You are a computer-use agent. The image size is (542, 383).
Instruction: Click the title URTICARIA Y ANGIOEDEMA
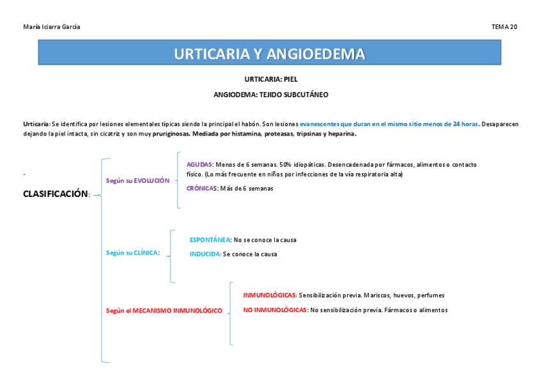coord(269,54)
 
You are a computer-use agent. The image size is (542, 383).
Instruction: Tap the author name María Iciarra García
coord(52,27)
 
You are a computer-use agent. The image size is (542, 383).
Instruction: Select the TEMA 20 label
coord(504,27)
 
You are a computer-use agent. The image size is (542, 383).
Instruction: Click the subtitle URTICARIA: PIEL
coord(271,80)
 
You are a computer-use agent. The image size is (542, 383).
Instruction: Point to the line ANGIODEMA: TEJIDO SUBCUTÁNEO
coord(271,95)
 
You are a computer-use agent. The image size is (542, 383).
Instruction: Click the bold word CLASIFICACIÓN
coord(55,194)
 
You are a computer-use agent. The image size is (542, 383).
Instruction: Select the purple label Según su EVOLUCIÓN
coord(137,181)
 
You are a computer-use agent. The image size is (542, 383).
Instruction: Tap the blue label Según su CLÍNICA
coord(132,253)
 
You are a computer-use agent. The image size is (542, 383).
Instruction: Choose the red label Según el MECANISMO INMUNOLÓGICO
coord(164,311)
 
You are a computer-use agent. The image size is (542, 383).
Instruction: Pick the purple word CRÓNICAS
coord(202,189)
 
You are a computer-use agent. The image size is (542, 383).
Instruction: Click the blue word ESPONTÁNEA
coord(210,240)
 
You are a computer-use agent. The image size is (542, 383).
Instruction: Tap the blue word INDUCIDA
coord(205,254)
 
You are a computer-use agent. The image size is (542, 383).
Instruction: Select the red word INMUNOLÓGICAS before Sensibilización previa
coord(269,295)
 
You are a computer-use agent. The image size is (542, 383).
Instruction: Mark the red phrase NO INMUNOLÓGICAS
coord(274,310)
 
